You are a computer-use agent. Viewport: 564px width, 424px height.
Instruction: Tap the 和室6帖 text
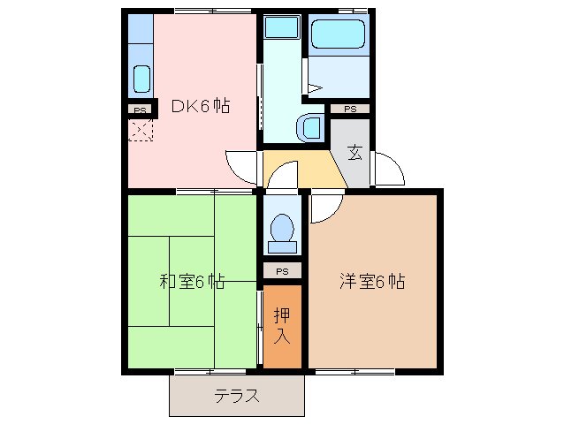(191, 283)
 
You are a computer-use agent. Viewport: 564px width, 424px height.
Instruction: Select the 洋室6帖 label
(372, 283)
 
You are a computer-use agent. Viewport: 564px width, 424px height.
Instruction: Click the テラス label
(237, 397)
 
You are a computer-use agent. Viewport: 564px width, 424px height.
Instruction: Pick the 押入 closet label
(282, 325)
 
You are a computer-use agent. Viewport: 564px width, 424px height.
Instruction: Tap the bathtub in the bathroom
(339, 36)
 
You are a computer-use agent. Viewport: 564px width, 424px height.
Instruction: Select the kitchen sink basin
(141, 79)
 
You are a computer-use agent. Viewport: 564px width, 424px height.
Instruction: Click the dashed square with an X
(141, 131)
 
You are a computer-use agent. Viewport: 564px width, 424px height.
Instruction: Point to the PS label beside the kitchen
(140, 110)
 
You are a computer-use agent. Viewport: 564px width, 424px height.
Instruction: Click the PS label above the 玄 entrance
(350, 109)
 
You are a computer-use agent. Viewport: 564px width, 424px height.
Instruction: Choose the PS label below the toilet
(282, 270)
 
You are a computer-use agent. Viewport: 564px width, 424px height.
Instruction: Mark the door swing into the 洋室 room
(322, 208)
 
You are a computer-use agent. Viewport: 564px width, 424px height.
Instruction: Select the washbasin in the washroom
(312, 127)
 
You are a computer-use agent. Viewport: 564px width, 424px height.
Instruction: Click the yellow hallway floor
(305, 170)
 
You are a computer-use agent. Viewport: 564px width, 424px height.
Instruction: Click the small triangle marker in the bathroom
(314, 87)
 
